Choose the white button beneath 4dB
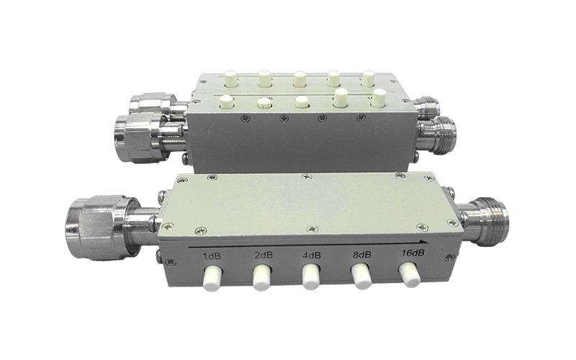[x=310, y=276]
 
